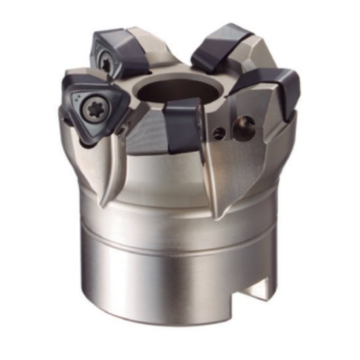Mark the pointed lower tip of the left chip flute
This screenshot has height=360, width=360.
coord(103,205)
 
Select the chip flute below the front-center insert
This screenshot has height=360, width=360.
coord(196,170)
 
